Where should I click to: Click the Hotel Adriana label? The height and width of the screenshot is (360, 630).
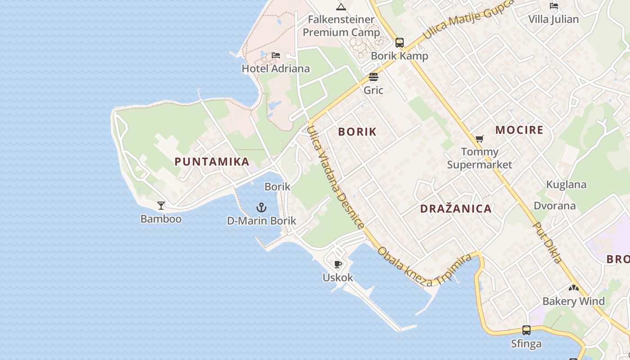[275, 68]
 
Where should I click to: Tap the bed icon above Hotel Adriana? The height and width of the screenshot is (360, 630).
[276, 55]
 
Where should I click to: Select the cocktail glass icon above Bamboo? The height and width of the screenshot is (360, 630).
[161, 206]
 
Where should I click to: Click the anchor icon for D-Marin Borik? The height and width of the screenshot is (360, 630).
[261, 207]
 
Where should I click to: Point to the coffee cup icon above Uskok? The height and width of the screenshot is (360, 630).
[338, 264]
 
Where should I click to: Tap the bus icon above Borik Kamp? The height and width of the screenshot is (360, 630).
[400, 43]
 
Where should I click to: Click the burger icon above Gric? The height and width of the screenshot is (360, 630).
[373, 77]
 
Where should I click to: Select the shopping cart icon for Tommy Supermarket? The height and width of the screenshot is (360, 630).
[480, 139]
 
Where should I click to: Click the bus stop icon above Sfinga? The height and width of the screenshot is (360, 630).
[526, 330]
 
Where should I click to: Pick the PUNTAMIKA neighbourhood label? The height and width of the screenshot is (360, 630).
[212, 162]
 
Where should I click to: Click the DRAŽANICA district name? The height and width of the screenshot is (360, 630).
[456, 209]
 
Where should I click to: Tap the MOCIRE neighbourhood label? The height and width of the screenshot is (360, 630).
[519, 130]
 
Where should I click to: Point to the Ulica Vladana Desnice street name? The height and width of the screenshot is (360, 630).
[335, 176]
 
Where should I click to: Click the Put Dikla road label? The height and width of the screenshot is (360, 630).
[548, 243]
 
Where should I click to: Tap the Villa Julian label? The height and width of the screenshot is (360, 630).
[553, 19]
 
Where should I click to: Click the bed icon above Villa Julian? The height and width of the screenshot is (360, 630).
[554, 6]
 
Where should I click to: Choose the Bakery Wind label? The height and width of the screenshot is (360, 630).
[573, 301]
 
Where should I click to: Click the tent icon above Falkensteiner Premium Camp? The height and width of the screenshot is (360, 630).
[341, 6]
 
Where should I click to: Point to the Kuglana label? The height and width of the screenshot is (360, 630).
[566, 184]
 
